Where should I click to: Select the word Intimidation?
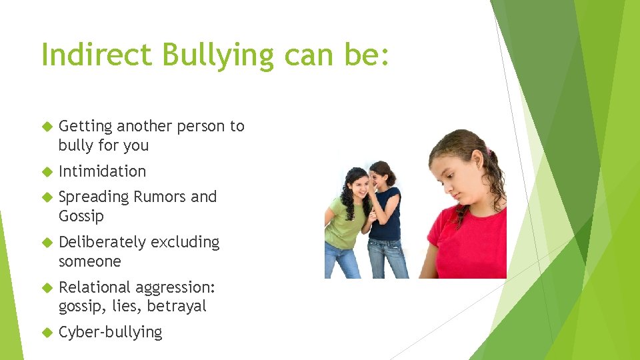(x=102, y=171)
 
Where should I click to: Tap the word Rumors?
(x=159, y=197)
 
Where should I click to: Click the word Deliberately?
(x=102, y=242)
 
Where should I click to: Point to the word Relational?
(x=94, y=287)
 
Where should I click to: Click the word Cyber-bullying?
(x=110, y=333)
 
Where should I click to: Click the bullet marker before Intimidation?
(x=46, y=172)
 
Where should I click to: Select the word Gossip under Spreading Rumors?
(x=81, y=217)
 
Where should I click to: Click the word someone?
(x=89, y=261)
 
